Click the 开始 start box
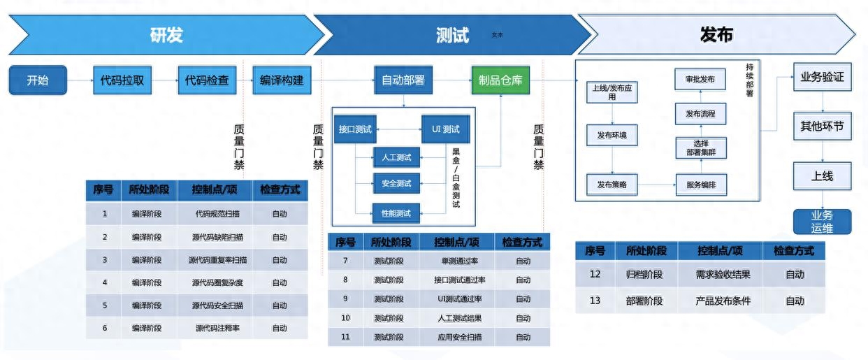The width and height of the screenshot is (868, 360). point(38,80)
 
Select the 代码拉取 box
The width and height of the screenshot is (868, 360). point(122,80)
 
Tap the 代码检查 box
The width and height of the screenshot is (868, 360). point(207,80)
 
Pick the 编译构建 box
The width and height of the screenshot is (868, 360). point(282,80)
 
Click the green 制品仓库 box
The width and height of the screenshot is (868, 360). point(500,80)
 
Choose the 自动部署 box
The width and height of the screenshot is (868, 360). point(403,80)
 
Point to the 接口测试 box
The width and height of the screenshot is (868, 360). point(355,129)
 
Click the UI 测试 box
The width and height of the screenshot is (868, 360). point(446,129)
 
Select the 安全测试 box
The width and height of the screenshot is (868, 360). point(396,183)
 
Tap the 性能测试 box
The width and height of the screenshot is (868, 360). point(396,213)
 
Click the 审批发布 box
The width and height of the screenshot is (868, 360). point(700,80)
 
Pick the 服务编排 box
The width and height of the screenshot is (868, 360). point(701,185)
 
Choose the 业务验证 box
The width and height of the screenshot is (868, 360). point(823,77)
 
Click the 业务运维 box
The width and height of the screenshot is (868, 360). point(822,222)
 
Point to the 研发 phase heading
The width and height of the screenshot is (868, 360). point(166,35)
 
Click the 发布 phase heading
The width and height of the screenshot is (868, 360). point(716,35)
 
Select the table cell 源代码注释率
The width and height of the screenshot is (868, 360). point(217,329)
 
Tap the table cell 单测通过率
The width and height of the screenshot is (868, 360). point(460,261)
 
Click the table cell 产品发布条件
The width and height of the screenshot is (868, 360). point(723,301)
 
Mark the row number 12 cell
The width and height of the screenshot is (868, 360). point(595,274)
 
